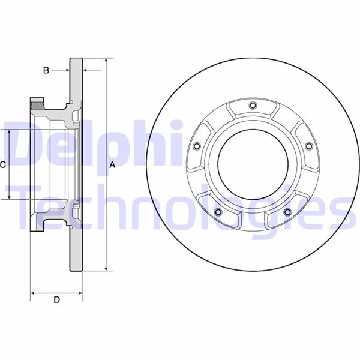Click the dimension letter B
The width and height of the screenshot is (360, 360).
(x=46, y=70)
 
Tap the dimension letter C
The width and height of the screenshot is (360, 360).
(x=3, y=164)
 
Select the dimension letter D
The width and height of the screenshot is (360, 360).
(x=56, y=300)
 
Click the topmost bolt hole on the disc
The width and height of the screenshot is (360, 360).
(x=252, y=107)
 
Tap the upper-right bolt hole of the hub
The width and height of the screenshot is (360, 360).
(x=308, y=146)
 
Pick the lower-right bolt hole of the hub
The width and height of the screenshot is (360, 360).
(x=287, y=212)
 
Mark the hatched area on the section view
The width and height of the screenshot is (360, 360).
(x=38, y=106)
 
